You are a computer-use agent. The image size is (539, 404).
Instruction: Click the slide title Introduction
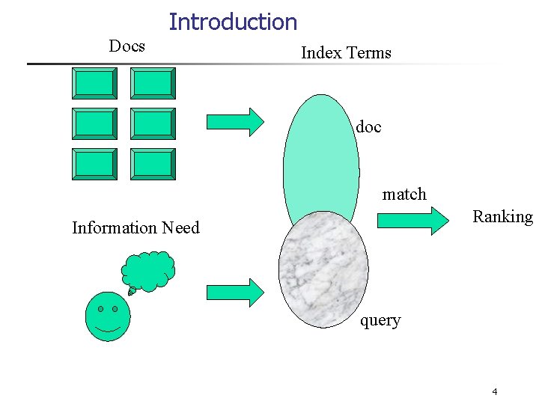click(x=233, y=22)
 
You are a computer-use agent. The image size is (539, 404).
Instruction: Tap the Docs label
click(x=127, y=46)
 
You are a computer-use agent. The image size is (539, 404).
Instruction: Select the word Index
click(x=320, y=52)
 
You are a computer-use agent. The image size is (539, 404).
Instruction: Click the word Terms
click(x=368, y=52)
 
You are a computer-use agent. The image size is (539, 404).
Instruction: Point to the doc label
click(x=368, y=127)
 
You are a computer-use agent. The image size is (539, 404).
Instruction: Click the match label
click(x=404, y=195)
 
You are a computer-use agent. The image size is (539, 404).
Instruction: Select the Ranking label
click(x=502, y=217)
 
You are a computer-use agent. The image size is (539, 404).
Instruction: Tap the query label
click(x=380, y=320)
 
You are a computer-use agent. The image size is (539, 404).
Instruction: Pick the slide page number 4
click(x=495, y=392)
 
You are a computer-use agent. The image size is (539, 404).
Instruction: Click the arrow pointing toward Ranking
click(x=416, y=220)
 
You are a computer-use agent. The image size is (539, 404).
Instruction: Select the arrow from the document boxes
click(x=234, y=121)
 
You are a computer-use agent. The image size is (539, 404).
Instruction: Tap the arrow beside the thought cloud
click(x=234, y=290)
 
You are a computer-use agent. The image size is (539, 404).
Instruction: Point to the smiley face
click(x=108, y=316)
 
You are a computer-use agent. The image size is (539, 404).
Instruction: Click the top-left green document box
click(x=94, y=83)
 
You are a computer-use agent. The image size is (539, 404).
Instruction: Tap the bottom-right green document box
click(x=153, y=164)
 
